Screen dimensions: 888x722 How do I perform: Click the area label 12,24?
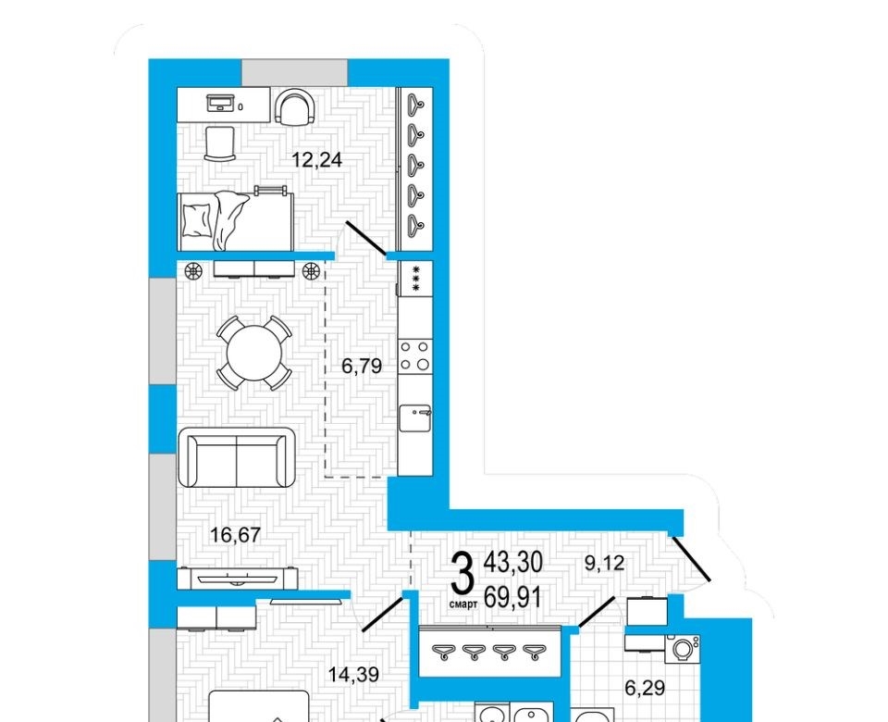click(317, 160)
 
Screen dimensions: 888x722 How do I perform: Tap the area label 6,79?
click(362, 367)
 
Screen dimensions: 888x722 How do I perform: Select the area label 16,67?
click(235, 534)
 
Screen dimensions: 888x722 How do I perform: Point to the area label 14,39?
click(354, 675)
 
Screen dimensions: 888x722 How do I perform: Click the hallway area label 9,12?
click(604, 563)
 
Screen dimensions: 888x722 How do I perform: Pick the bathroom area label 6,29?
click(645, 688)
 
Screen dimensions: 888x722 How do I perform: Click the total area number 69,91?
click(513, 597)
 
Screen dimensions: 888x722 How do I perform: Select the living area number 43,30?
click(513, 562)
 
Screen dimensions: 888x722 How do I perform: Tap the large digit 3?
click(462, 574)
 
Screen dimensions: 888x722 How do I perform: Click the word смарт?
click(463, 604)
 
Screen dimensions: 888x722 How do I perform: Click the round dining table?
click(254, 353)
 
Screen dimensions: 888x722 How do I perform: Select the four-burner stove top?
click(415, 355)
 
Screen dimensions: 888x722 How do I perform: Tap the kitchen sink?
click(415, 418)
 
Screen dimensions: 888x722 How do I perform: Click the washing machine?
click(683, 649)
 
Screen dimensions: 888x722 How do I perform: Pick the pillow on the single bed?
click(196, 220)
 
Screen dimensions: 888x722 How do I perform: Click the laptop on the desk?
click(220, 104)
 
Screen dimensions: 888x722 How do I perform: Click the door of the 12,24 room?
click(366, 238)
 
